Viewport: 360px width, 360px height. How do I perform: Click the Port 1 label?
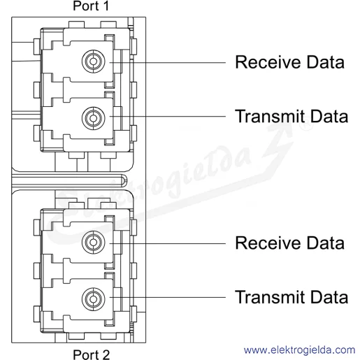click(x=91, y=6)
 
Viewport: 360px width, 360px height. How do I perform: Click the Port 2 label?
click(x=91, y=354)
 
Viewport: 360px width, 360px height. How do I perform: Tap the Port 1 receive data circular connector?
click(x=94, y=62)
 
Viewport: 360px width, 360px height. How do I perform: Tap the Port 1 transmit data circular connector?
click(x=94, y=118)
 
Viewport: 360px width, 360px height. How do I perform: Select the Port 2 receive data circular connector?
click(x=94, y=242)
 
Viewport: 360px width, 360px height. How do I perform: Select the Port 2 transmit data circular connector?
click(x=94, y=299)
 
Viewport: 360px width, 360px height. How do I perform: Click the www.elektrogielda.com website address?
click(x=299, y=350)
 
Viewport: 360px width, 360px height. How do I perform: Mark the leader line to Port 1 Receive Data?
click(x=168, y=63)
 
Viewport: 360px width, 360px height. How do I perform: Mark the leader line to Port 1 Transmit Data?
click(x=168, y=116)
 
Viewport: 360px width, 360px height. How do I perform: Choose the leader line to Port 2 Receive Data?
click(x=168, y=243)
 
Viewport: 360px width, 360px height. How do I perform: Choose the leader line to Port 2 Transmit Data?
click(x=168, y=297)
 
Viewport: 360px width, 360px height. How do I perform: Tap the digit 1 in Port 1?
click(x=106, y=6)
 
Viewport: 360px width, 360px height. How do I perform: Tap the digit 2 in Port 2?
click(x=106, y=354)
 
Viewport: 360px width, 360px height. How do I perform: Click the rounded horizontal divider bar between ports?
click(x=69, y=180)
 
